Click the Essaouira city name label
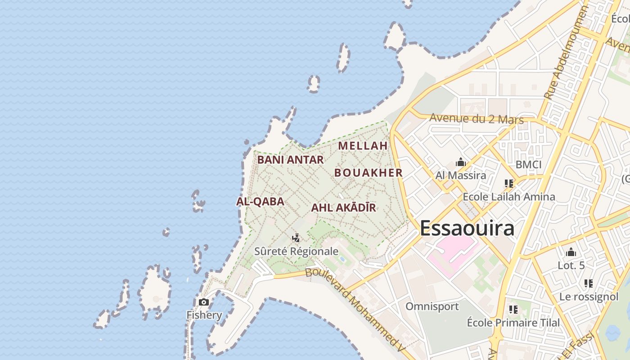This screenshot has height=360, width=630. pos(467,228)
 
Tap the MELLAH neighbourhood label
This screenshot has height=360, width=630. pos(363,146)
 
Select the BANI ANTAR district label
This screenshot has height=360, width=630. pos(290,160)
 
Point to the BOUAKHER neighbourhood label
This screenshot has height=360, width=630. pos(368,173)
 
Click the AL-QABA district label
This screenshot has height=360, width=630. pos(260,202)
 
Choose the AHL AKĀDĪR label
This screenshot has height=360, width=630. pos(343,208)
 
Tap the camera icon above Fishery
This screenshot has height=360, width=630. pos(204,302)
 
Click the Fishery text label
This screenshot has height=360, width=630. pos(204,315)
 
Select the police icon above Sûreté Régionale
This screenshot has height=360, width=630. pos(296,238)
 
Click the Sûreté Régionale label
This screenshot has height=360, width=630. pos(296,251)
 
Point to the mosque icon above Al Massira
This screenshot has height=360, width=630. pos(460,162)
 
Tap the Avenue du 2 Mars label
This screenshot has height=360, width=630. pos(477,119)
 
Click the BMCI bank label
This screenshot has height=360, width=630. pos(528,165)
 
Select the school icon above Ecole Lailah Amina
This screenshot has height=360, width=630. pos(509,184)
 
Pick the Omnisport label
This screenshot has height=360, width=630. pos(432,306)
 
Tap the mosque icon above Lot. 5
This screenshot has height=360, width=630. pos(571,252)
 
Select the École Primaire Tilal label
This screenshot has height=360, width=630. pos(513,323)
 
